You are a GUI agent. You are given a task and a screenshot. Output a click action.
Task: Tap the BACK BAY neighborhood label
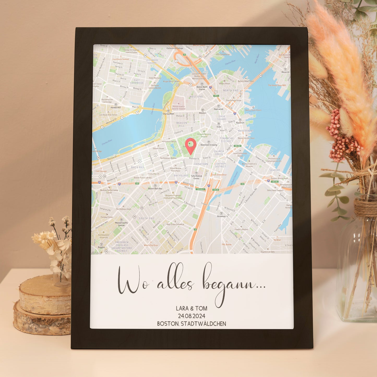click(x=137, y=167)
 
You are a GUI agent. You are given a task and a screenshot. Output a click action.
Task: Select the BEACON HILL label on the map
click(x=182, y=124)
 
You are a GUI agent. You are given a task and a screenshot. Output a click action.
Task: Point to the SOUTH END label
click(x=146, y=218)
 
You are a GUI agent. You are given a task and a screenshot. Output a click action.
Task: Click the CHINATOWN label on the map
click(x=201, y=164)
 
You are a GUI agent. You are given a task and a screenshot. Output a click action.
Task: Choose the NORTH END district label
click(x=231, y=90)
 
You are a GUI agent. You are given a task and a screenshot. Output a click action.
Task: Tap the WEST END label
click(x=196, y=97)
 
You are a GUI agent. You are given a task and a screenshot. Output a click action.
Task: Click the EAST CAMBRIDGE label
click(x=137, y=81)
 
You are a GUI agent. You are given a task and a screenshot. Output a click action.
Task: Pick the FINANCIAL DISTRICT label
click(x=227, y=140)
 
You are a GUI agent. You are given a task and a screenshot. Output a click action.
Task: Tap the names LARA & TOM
click(x=192, y=308)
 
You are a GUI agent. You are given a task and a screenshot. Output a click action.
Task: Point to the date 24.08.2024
click(x=192, y=316)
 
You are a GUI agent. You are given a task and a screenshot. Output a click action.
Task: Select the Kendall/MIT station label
click(x=116, y=107)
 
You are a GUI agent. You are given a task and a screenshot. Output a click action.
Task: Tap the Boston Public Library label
click(x=142, y=178)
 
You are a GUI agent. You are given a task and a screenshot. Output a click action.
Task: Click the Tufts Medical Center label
click(x=196, y=177)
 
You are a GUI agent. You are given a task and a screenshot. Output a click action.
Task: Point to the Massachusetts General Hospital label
click(x=178, y=107)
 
